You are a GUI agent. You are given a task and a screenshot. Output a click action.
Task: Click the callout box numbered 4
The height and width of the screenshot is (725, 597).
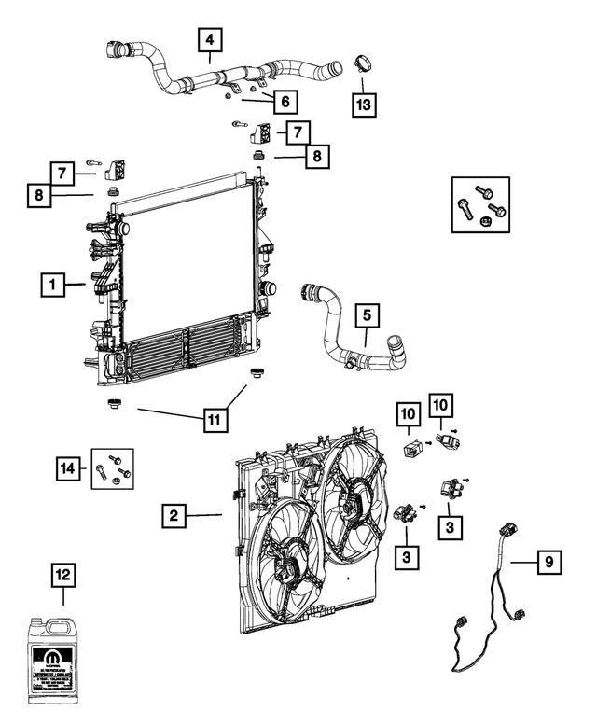[210, 40]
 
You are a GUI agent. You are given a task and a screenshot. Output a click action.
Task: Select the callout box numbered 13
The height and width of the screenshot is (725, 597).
[366, 103]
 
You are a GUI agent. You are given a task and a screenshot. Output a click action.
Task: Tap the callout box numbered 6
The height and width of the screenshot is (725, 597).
[285, 100]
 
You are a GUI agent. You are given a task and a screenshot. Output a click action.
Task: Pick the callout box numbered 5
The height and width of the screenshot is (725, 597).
[367, 315]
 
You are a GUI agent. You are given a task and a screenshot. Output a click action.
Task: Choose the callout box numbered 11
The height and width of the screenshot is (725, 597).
[215, 420]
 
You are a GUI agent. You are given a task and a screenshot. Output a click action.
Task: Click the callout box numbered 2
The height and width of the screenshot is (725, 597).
[174, 514]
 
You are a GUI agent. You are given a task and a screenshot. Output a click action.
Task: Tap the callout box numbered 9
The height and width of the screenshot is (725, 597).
[549, 562]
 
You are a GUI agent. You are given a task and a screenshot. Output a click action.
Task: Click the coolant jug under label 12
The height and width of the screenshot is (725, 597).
[62, 660]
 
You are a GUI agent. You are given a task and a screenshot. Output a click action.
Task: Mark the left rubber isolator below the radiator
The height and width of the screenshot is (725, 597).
[115, 404]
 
